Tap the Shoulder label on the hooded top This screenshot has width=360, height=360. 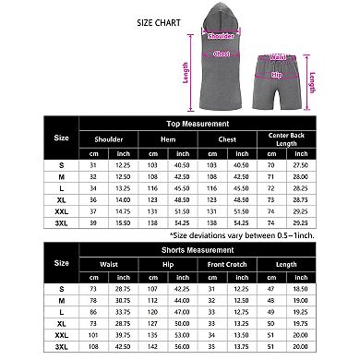pos(222,36)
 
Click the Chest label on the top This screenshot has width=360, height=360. pos(222,54)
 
